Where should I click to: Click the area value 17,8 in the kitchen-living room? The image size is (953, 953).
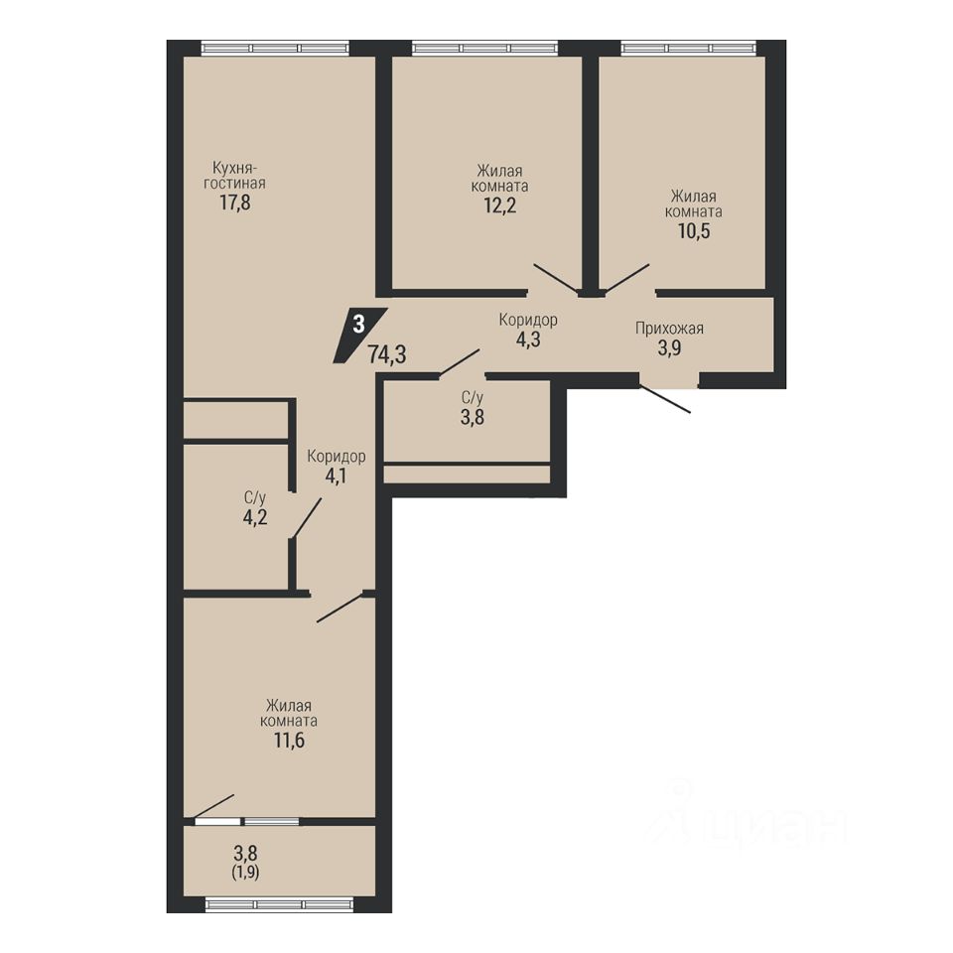click(x=235, y=203)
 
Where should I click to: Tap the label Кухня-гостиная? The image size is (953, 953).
click(x=234, y=175)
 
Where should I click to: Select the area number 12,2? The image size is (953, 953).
click(x=499, y=205)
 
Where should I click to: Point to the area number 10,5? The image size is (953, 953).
click(x=694, y=231)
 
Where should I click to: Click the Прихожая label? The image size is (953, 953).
click(x=669, y=329)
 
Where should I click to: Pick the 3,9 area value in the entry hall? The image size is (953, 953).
click(x=669, y=348)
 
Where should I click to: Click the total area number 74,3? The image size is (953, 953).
click(x=387, y=353)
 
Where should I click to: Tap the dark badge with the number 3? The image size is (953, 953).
click(x=359, y=335)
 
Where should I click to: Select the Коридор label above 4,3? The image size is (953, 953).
click(x=528, y=320)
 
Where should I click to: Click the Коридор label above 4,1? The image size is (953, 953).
click(x=337, y=456)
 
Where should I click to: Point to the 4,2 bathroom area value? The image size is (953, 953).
click(x=255, y=518)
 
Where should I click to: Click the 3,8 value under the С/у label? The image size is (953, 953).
click(x=473, y=418)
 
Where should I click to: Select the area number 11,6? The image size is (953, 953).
click(x=289, y=741)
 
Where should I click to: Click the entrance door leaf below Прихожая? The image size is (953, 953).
click(x=665, y=399)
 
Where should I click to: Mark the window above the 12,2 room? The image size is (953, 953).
click(x=485, y=48)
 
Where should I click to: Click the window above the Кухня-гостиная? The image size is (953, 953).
click(x=275, y=48)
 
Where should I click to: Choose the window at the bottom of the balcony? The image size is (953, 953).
click(x=280, y=904)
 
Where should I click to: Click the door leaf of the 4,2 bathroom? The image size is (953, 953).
click(x=307, y=518)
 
